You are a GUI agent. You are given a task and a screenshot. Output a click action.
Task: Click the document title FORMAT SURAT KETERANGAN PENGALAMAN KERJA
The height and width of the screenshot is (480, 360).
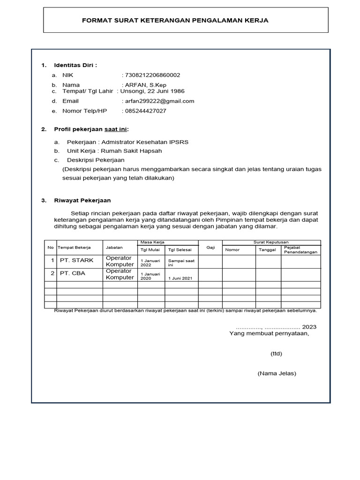pyautogui.click(x=175, y=21)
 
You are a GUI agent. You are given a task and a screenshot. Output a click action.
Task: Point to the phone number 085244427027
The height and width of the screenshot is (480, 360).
pyautogui.click(x=145, y=111)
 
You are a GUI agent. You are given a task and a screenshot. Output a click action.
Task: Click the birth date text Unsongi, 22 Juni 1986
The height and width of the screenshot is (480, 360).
pyautogui.click(x=154, y=91)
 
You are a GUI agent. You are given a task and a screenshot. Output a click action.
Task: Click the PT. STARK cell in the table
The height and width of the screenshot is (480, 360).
pyautogui.click(x=76, y=260)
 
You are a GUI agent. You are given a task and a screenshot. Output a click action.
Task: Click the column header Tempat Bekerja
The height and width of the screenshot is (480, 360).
pyautogui.click(x=74, y=247)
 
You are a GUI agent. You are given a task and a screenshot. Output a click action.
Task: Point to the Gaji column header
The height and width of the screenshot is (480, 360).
pyautogui.click(x=210, y=247)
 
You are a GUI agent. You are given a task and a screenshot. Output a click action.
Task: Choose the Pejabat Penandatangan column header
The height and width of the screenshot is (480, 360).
pyautogui.click(x=300, y=249)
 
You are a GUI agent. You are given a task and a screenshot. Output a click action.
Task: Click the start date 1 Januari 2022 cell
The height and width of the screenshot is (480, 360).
pyautogui.click(x=150, y=262)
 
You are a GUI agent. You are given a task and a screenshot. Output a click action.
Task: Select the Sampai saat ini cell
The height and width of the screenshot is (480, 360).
pyautogui.click(x=180, y=262)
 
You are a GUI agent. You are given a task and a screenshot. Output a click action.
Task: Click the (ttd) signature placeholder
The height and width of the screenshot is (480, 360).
pyautogui.click(x=276, y=353)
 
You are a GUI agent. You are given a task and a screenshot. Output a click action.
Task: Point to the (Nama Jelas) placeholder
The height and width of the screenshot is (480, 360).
pyautogui.click(x=277, y=374)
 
